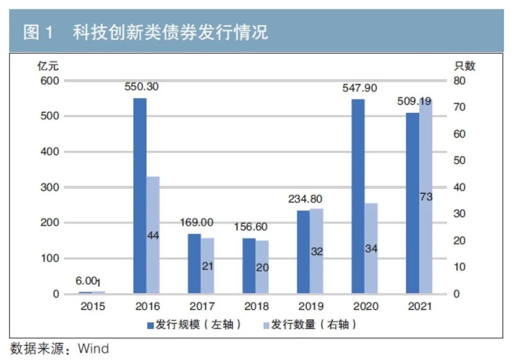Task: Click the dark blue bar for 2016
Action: click(x=140, y=195)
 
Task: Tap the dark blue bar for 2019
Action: click(x=303, y=251)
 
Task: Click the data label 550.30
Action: click(x=142, y=87)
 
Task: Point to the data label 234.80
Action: click(x=305, y=199)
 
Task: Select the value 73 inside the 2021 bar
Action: click(x=426, y=196)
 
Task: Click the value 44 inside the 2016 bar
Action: click(x=153, y=235)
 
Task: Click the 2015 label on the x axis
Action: click(x=92, y=306)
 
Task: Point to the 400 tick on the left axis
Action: click(x=49, y=152)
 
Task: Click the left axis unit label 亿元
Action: click(x=48, y=66)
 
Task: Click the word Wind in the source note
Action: click(x=93, y=349)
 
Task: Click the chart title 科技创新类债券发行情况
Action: click(x=171, y=32)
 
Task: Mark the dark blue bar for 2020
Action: click(x=358, y=195)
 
